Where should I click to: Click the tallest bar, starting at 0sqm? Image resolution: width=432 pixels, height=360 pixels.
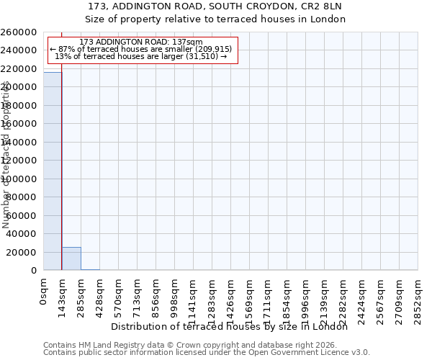tap(53, 171)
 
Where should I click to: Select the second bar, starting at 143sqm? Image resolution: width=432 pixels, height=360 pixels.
tap(71, 258)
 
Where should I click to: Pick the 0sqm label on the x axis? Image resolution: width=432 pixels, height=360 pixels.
tap(44, 294)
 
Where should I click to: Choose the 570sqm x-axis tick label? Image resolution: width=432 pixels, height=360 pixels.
tap(119, 297)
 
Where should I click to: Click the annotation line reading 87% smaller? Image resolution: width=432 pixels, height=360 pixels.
tap(141, 49)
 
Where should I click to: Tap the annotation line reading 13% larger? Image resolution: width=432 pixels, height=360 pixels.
tap(141, 56)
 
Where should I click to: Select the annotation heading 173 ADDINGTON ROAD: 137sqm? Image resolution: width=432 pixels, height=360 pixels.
tap(141, 42)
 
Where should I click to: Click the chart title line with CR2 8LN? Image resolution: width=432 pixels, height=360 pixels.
tap(215, 6)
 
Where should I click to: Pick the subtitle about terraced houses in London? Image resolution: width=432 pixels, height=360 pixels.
tap(215, 19)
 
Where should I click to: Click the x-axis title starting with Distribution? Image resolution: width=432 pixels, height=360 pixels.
tap(230, 327)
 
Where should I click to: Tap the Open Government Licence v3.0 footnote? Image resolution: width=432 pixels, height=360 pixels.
tap(207, 353)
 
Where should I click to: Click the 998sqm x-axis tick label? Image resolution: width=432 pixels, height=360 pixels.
tap(175, 297)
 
